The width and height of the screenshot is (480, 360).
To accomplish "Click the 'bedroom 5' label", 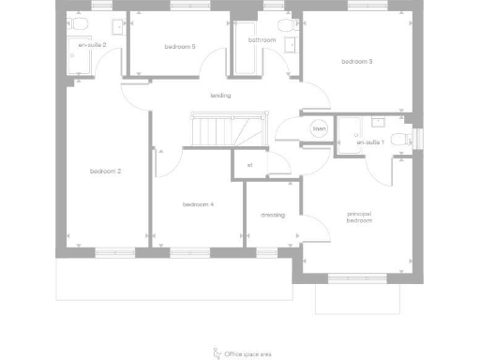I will click(x=180, y=46).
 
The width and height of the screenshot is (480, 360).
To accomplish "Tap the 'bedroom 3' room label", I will click(x=357, y=62).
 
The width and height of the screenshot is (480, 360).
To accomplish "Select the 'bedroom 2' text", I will click(x=106, y=171).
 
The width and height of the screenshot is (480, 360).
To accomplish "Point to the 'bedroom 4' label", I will click(x=199, y=203).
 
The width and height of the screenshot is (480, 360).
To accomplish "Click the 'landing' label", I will click(x=220, y=96).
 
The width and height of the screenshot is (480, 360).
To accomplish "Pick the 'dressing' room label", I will click(x=273, y=215).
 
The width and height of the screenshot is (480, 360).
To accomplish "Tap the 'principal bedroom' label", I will click(x=360, y=217).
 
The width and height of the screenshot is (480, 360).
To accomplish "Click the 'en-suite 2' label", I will click(x=92, y=44).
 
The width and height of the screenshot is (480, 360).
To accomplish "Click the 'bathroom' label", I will click(x=262, y=40).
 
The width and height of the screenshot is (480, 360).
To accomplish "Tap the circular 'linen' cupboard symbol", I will click(x=319, y=129).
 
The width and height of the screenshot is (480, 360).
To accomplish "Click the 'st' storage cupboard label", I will click(x=249, y=165).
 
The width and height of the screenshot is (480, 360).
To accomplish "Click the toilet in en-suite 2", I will click(x=79, y=23).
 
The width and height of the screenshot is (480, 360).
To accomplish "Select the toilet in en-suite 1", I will click(x=401, y=140).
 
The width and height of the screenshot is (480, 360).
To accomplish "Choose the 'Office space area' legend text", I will click(x=249, y=354).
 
